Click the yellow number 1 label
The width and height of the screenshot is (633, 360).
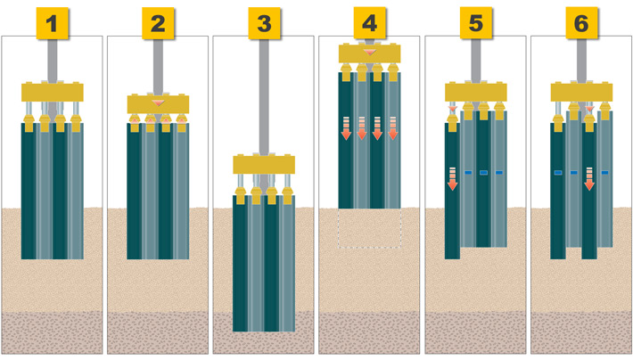(x=52, y=23)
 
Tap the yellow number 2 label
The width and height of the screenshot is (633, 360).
(x=158, y=23)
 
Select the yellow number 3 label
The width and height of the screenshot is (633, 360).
(x=264, y=23)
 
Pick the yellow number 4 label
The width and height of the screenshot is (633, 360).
(x=369, y=23)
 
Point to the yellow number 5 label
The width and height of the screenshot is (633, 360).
(x=475, y=23)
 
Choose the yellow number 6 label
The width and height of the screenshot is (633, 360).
(x=581, y=23)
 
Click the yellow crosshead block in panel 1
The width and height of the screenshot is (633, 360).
(x=53, y=92)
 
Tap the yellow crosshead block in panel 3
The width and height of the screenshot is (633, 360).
(x=264, y=164)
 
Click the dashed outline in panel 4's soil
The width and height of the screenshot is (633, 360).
(x=369, y=227)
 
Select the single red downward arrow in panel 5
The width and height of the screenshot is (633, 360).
(x=453, y=178)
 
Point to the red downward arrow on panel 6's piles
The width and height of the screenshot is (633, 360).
(x=589, y=178)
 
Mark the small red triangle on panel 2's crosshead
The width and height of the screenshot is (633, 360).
(x=158, y=102)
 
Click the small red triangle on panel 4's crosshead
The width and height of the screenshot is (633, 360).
(x=369, y=53)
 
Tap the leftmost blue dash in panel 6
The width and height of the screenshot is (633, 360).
(x=558, y=173)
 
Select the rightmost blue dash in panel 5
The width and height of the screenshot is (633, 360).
(x=499, y=173)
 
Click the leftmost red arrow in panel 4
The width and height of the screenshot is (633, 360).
(x=346, y=128)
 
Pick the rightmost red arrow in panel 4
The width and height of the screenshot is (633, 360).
(x=393, y=128)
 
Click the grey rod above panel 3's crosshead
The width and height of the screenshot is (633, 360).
(x=264, y=97)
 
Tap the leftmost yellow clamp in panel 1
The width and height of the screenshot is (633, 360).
(x=29, y=123)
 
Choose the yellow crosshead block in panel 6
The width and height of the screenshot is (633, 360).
(x=581, y=92)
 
